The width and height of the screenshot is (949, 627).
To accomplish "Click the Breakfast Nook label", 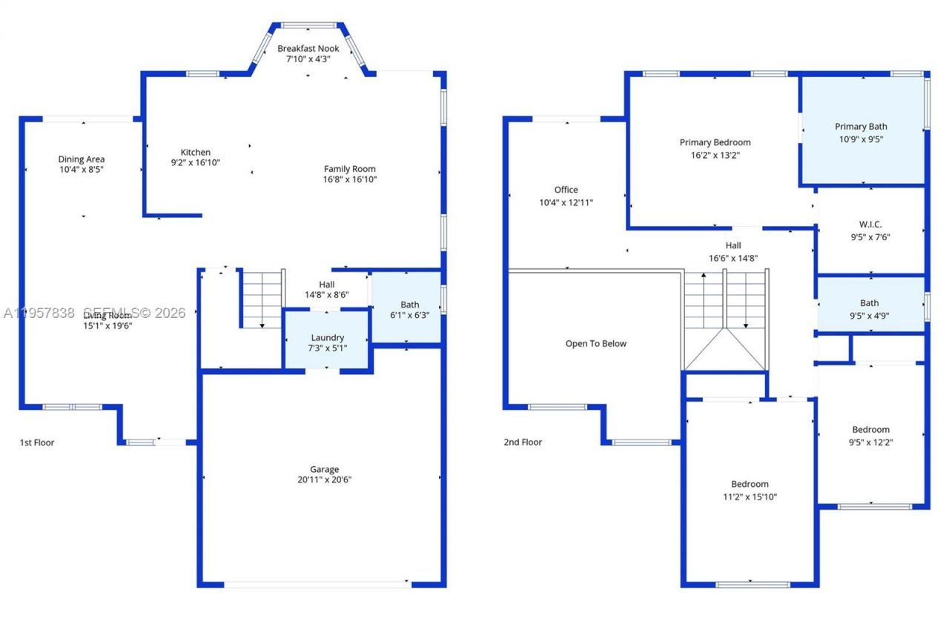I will [x=308, y=49].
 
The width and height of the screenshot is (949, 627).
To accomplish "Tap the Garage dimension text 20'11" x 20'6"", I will [x=325, y=480].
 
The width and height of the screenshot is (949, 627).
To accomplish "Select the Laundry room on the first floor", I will [x=328, y=342].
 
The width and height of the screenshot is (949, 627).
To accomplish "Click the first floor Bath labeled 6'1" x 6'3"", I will [x=409, y=310].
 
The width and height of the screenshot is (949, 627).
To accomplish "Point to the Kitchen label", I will [x=195, y=153].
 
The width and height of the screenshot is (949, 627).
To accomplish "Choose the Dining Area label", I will [x=82, y=159].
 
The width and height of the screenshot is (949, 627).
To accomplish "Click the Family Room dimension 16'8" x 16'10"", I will [x=350, y=179].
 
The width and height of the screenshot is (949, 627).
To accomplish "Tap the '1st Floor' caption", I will [x=37, y=442].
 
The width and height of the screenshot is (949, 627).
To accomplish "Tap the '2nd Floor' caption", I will [x=523, y=442].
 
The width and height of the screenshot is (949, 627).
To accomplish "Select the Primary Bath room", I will [x=861, y=132].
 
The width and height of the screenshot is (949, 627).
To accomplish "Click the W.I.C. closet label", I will [x=870, y=224].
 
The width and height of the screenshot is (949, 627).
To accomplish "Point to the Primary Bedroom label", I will [x=715, y=142].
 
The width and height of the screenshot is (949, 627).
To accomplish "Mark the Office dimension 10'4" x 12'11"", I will [x=566, y=202].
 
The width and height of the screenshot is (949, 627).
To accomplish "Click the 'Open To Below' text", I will [x=595, y=344].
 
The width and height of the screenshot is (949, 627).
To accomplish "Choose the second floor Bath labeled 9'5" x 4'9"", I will [x=870, y=308].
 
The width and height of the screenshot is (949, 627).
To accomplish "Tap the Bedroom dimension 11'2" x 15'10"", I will [x=750, y=497].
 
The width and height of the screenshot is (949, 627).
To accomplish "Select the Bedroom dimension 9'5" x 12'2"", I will [x=870, y=442].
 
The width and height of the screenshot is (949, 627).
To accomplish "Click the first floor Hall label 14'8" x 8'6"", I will [x=326, y=289].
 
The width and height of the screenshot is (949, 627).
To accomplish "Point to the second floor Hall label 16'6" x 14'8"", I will [x=733, y=252].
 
